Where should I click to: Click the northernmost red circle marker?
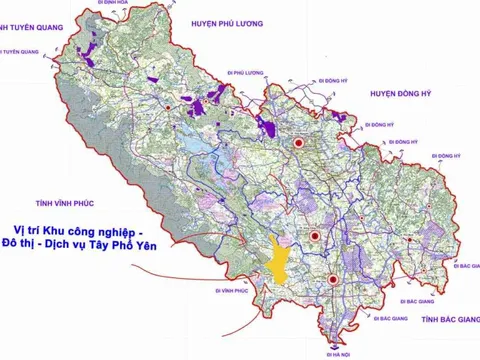(x=298, y=143)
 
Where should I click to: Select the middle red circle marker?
(x=315, y=237)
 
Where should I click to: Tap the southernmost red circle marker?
(x=331, y=279)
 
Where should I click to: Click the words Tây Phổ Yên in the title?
(x=139, y=244)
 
